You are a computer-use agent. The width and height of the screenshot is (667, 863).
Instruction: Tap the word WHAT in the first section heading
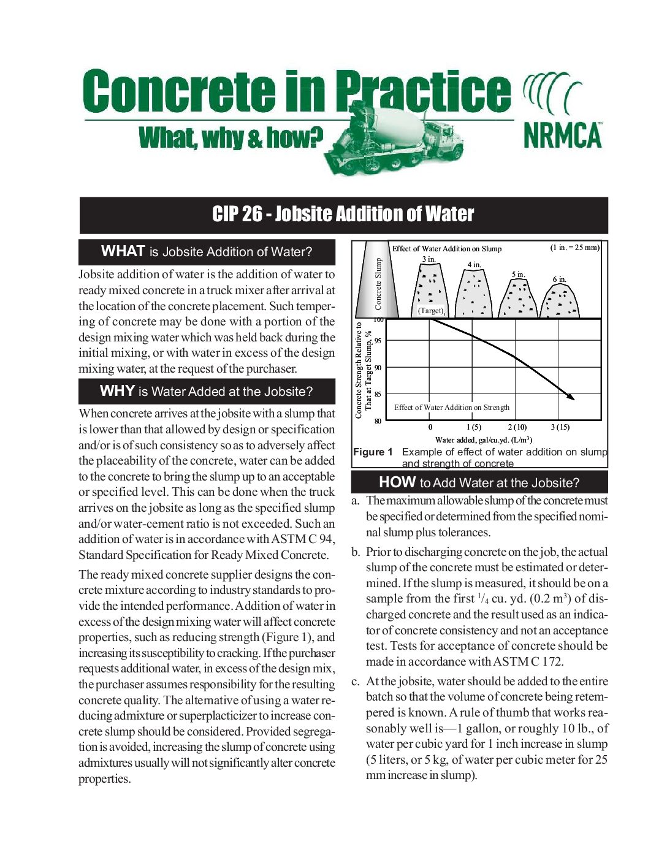click(x=123, y=251)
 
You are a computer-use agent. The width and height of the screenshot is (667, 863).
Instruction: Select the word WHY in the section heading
click(x=117, y=391)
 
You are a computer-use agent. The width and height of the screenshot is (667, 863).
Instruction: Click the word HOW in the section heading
click(x=397, y=482)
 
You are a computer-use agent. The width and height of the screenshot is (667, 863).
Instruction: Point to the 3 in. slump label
click(x=429, y=259)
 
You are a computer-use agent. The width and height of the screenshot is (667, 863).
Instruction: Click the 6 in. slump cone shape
click(x=559, y=301)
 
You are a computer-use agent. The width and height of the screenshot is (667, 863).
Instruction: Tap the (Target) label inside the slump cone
click(x=431, y=311)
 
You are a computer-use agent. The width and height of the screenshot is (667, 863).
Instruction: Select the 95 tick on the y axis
click(x=378, y=341)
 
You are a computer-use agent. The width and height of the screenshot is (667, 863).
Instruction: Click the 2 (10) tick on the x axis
click(x=517, y=427)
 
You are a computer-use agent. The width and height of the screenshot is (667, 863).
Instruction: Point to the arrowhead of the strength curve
click(x=571, y=397)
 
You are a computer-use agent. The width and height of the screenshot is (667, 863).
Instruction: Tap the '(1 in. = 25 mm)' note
click(x=574, y=248)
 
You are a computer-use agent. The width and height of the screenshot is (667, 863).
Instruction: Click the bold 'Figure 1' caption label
click(x=373, y=452)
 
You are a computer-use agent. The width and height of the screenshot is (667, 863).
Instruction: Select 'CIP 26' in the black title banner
click(x=237, y=214)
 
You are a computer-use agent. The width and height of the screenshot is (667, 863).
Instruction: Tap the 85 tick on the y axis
click(x=378, y=394)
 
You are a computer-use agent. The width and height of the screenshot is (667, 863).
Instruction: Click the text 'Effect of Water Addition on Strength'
click(x=452, y=408)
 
